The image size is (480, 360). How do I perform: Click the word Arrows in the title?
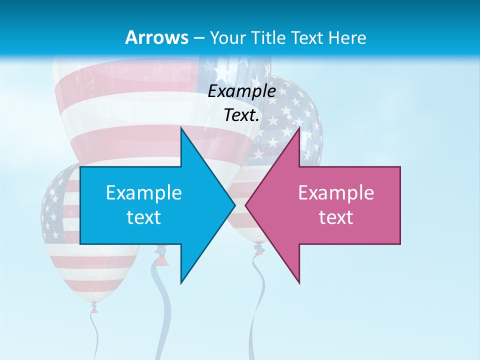point(157,37)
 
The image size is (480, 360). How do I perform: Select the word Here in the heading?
point(347,37)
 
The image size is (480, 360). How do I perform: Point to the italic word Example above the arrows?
point(241,91)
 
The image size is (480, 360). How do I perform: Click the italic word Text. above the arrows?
point(241,115)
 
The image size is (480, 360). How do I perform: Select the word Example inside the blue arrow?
point(144,192)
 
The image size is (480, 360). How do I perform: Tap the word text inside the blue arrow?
point(144,217)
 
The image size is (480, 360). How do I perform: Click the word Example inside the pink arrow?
point(336,192)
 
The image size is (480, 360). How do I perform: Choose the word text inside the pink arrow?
point(336,217)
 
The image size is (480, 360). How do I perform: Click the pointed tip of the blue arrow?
point(234,205)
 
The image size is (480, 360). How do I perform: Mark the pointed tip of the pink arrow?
point(245,205)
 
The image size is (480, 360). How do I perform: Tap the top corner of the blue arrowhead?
point(181,127)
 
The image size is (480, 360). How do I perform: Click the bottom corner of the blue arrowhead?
point(181,283)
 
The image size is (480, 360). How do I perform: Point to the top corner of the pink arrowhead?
point(299,127)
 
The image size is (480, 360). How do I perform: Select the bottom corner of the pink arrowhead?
point(299,283)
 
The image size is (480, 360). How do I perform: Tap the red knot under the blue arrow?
point(160,259)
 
